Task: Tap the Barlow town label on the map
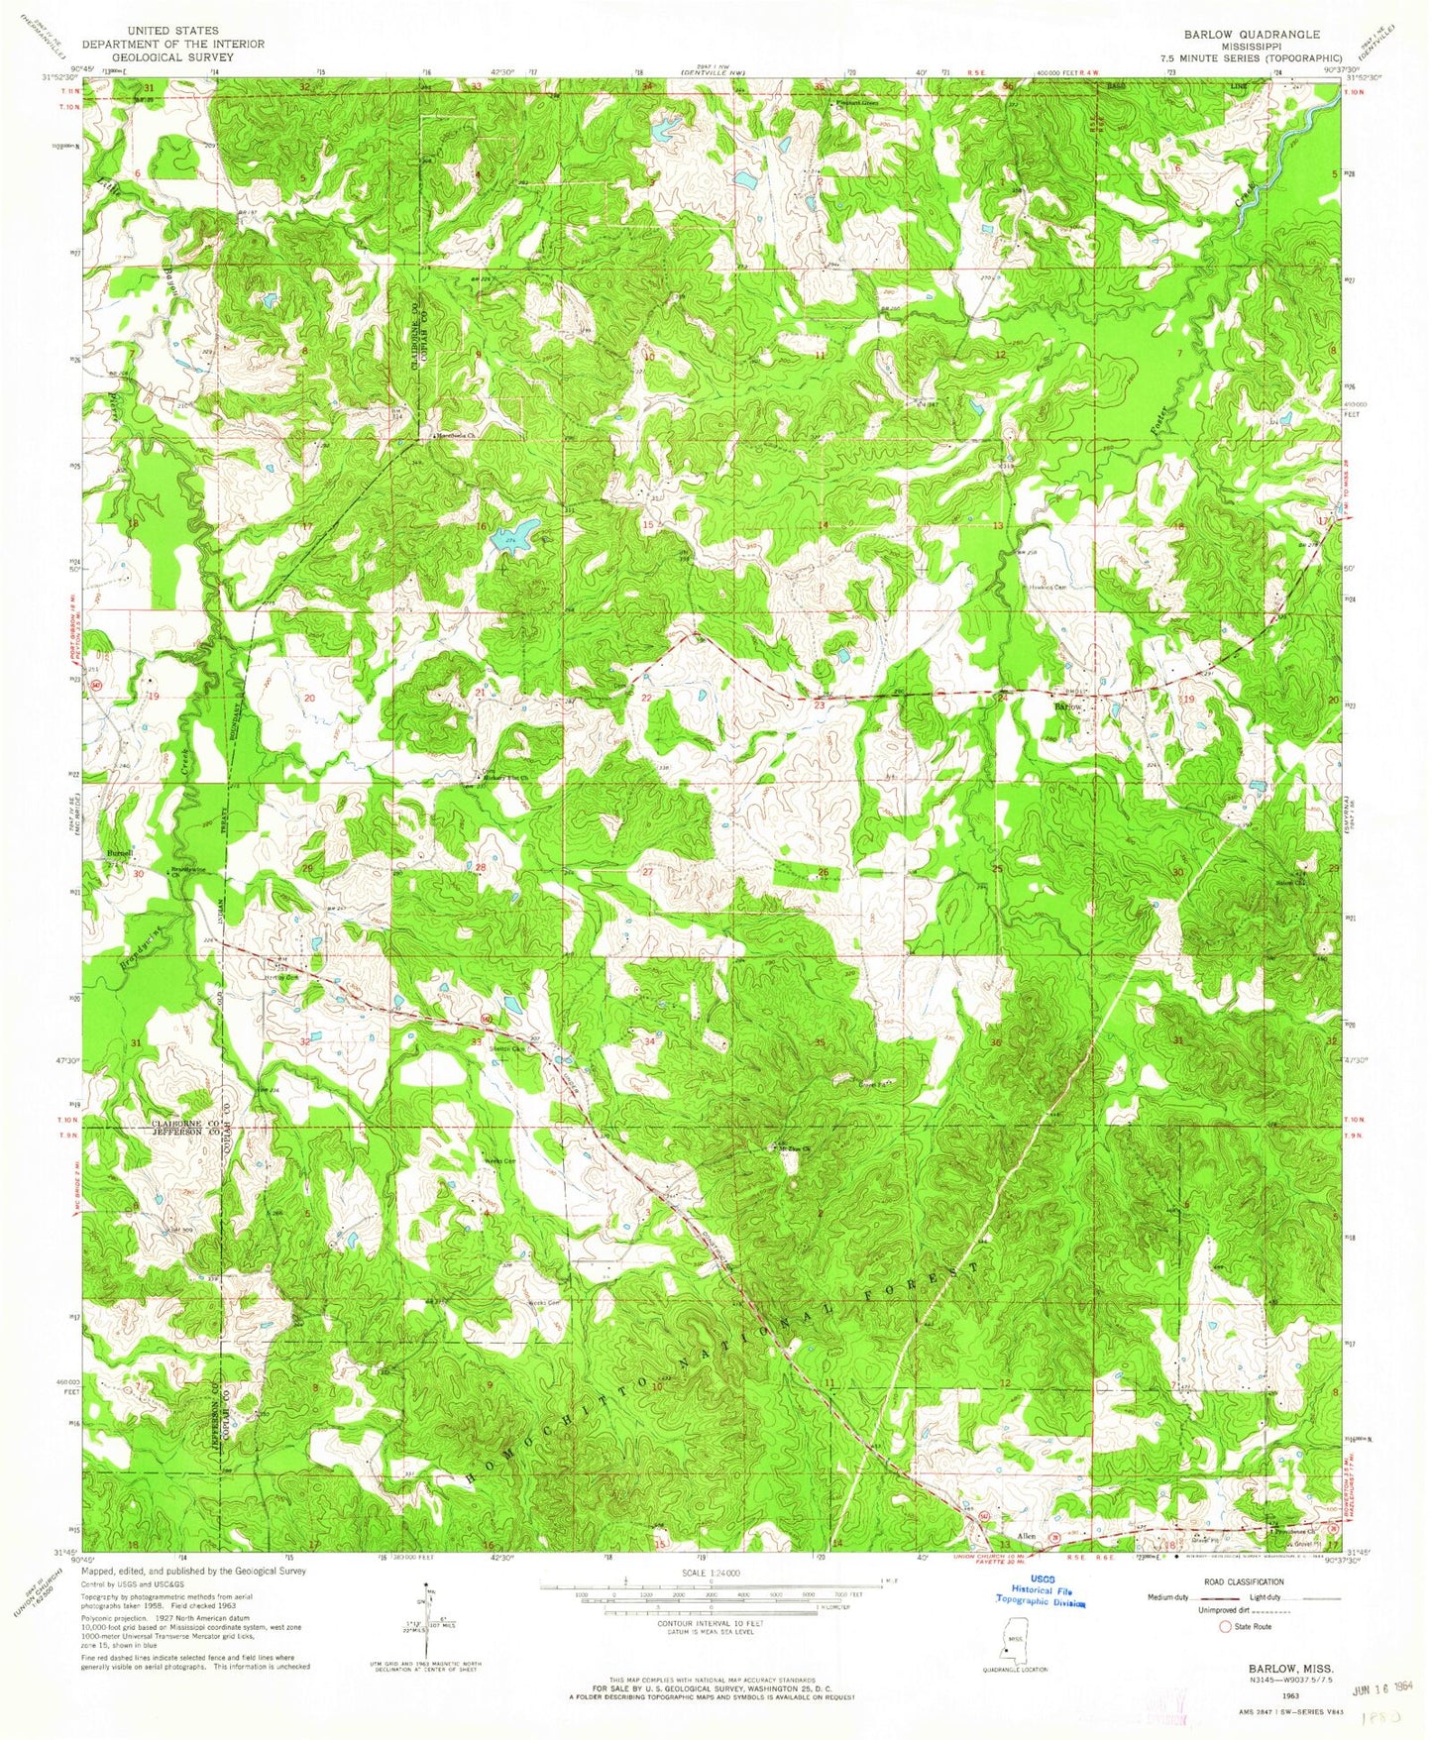pyautogui.click(x=1067, y=707)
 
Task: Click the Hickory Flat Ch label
pyautogui.click(x=505, y=778)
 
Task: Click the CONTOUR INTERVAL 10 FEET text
pyautogui.click(x=701, y=1623)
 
